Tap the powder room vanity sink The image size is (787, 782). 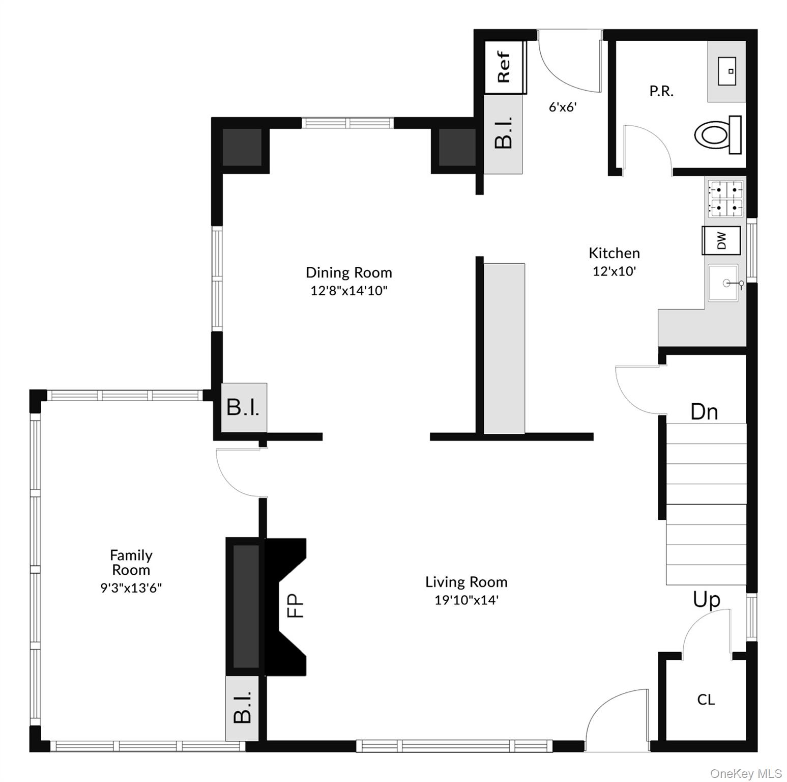click(x=726, y=71)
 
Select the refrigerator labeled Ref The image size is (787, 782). click(x=505, y=67)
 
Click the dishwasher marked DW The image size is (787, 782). click(x=721, y=240)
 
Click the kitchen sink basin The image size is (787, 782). click(x=723, y=283)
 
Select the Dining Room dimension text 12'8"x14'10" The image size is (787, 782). click(x=349, y=291)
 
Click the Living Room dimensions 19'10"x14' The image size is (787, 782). click(x=466, y=600)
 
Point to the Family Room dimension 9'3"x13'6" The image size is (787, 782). click(x=131, y=588)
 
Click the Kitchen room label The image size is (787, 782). click(x=614, y=253)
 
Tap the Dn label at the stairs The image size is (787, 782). click(x=704, y=411)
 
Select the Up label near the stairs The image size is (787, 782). click(x=706, y=600)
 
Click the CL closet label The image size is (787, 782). click(x=706, y=700)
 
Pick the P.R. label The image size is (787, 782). click(x=661, y=91)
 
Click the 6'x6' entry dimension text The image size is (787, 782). click(x=562, y=107)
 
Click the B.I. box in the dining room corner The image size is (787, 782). click(x=243, y=407)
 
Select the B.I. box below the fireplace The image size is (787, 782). click(x=243, y=707)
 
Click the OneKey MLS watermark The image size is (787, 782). click(x=745, y=773)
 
